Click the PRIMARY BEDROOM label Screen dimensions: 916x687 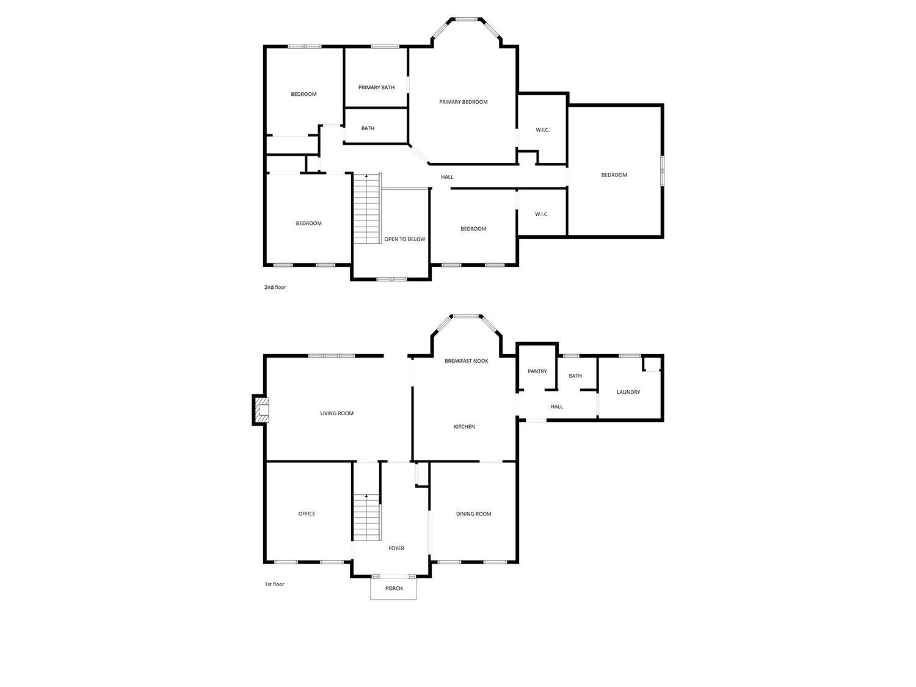tap(463, 102)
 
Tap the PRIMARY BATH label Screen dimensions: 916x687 tap(376, 87)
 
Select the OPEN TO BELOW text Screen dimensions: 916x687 tap(405, 239)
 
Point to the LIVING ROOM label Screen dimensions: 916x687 tap(336, 413)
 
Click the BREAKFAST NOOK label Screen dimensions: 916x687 tap(467, 361)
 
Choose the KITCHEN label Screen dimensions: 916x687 tap(465, 427)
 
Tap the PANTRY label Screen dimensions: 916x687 tap(537, 371)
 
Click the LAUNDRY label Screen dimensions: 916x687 tap(628, 392)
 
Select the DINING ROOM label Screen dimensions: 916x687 tap(474, 514)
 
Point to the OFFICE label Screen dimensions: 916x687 tap(307, 514)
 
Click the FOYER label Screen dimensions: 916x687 tap(396, 548)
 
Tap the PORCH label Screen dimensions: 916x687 tap(394, 589)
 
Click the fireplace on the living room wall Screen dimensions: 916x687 tap(261, 410)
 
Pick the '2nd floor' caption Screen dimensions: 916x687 tap(275, 288)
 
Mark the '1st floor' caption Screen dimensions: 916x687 tap(274, 584)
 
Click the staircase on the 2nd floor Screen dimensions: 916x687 tap(367, 209)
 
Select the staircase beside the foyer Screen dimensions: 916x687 tap(367, 517)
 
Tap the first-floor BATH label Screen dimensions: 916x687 tap(575, 376)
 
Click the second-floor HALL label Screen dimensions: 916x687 tap(447, 177)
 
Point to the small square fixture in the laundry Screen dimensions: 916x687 tap(652, 363)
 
